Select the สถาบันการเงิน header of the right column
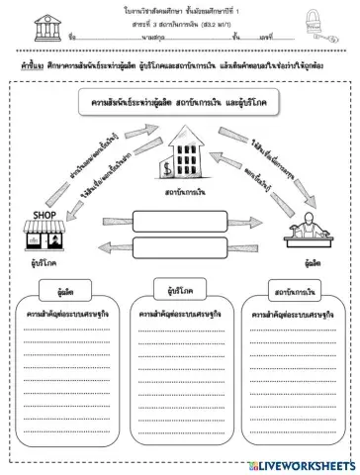[x=294, y=293]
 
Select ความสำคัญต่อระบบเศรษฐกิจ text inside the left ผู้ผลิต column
[x=61, y=314]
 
